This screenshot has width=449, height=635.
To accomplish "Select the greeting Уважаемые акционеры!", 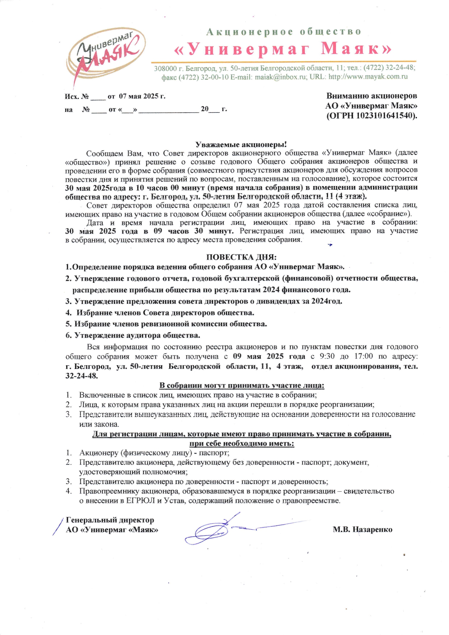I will pos(241,145).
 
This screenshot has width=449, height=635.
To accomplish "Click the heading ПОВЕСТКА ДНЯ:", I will pos(241,257).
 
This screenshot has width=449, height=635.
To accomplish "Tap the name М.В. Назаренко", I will pos(362,530).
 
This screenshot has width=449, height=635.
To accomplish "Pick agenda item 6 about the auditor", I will pos(133,335).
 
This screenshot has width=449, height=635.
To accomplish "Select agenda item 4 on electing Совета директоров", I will pos(160,312).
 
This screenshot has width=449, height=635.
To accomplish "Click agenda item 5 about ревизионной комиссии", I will pos(166,324).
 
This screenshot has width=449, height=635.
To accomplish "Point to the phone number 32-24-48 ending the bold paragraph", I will pos(81,376).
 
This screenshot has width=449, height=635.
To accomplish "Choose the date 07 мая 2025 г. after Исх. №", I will pos(142,96).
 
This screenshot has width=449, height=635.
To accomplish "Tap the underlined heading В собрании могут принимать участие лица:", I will pos(242,386).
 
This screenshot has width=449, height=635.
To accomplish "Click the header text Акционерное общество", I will pos(284,32).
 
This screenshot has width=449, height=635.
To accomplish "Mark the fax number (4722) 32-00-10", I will pos(194,77).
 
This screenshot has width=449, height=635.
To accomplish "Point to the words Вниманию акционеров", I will pos(372,96).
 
